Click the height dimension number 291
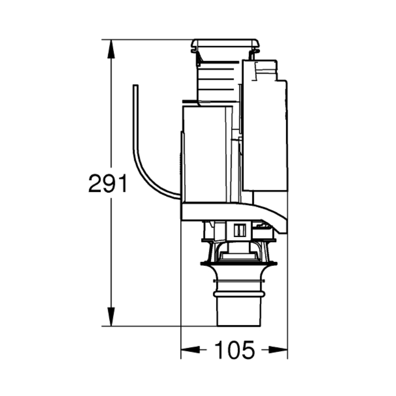[108, 184]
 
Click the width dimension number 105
[234, 350]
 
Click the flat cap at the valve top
[225, 44]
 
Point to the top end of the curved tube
[135, 87]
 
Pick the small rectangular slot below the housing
[240, 230]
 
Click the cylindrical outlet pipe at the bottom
[238, 312]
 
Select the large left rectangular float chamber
[205, 153]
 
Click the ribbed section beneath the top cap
[218, 79]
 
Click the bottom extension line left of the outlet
[158, 326]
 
